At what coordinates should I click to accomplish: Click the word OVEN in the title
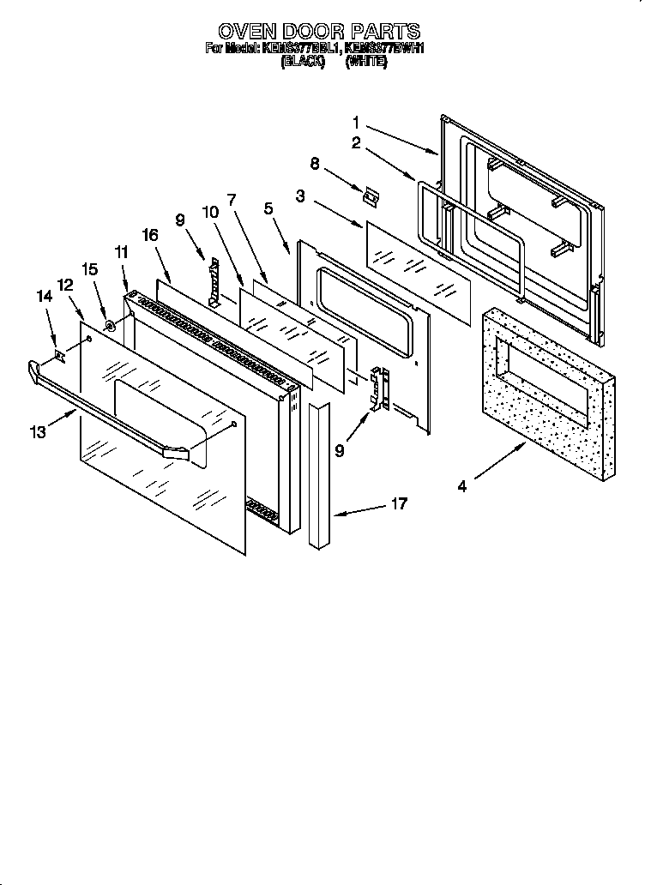pos(246,33)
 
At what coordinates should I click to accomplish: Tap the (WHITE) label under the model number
pos(366,63)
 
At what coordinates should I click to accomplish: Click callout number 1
pos(356,123)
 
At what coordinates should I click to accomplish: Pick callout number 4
pos(461,486)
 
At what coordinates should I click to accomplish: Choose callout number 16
pos(150,234)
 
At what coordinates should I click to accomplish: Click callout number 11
pos(120,253)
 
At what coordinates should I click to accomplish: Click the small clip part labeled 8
pos(371,196)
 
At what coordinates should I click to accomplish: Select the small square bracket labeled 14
pos(59,353)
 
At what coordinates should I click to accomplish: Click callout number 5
pos(268,208)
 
